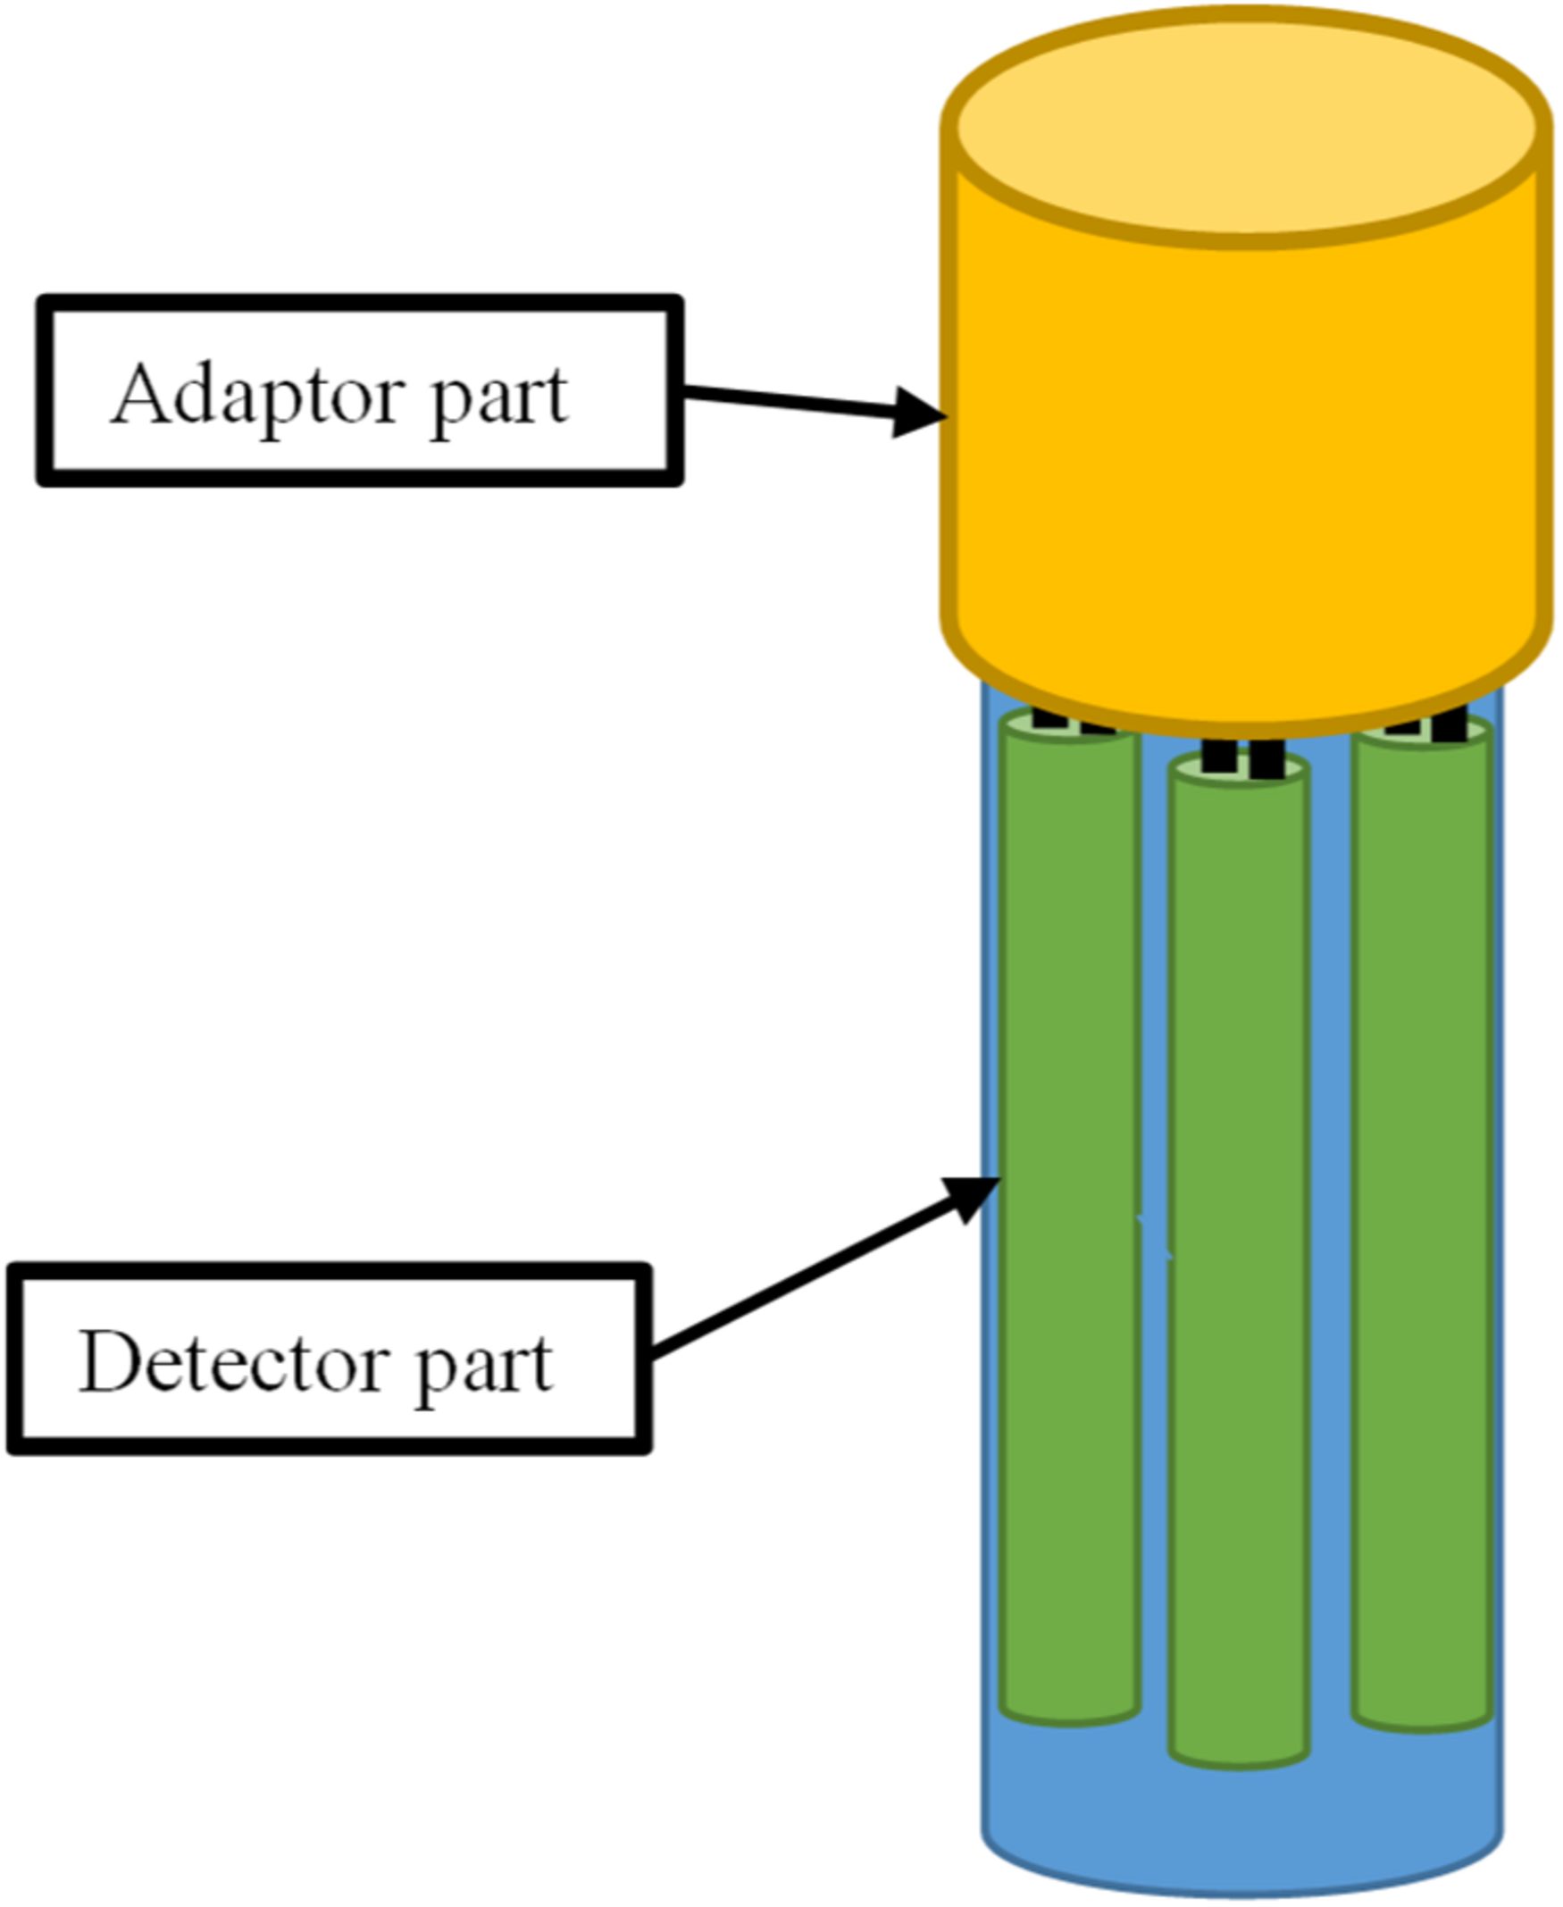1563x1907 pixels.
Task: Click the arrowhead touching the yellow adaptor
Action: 918,414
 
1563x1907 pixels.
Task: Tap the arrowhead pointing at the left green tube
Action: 971,1199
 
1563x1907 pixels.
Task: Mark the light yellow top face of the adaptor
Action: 1246,126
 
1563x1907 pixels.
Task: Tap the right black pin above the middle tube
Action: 1266,757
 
